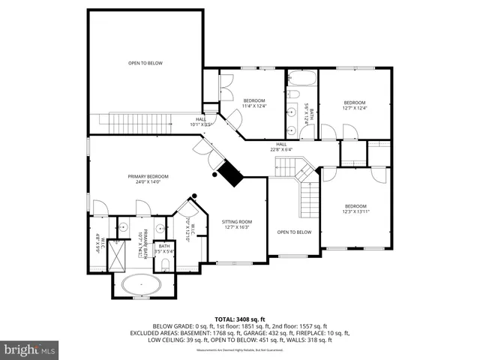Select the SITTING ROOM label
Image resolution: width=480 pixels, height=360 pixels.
pyautogui.click(x=235, y=224)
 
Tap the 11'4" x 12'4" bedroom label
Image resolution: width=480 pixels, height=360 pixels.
pyautogui.click(x=253, y=103)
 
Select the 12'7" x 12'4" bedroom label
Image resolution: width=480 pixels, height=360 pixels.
pyautogui.click(x=355, y=105)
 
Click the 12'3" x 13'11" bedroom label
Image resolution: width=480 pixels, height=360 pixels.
pyautogui.click(x=355, y=208)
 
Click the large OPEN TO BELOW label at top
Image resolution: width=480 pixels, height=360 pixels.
pyautogui.click(x=145, y=63)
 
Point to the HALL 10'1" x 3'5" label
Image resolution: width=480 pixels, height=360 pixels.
pyautogui.click(x=201, y=121)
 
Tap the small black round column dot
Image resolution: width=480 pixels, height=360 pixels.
pyautogui.click(x=194, y=196)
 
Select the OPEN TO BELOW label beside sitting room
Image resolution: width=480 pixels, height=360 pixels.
pyautogui.click(x=294, y=232)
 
